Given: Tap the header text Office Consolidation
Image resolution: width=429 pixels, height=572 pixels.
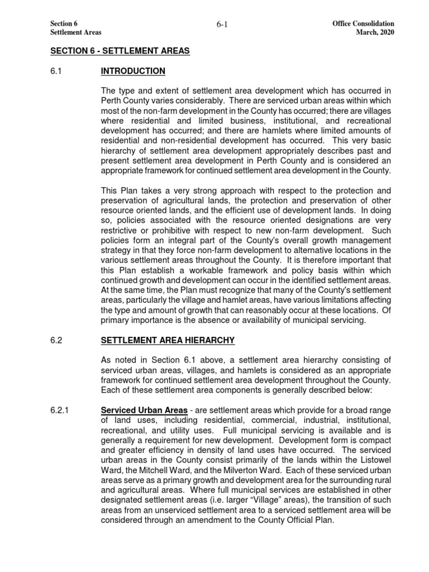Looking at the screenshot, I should click(x=363, y=24).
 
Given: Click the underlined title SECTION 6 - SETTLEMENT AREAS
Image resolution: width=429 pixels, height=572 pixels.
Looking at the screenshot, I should click(x=120, y=51).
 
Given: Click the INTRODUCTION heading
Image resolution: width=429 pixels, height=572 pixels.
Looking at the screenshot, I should click(x=133, y=71).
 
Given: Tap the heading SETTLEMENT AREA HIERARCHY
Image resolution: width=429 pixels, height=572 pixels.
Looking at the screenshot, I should click(x=168, y=340).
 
